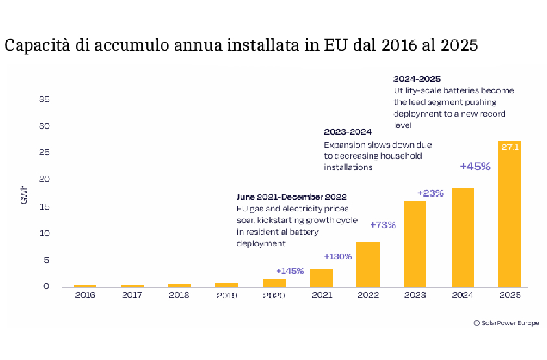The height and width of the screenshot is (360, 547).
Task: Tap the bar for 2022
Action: point(368,264)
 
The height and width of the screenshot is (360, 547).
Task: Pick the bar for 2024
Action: point(462,237)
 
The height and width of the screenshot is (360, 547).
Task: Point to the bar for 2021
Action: point(321,278)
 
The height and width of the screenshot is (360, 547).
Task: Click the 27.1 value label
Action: point(509,147)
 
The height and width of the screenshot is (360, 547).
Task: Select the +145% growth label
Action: point(290,270)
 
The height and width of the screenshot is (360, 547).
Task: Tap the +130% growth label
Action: point(337,256)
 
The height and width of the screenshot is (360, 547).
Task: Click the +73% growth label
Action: point(383,225)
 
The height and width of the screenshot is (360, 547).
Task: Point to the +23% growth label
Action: point(430,193)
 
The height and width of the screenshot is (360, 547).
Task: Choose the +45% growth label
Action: point(475,166)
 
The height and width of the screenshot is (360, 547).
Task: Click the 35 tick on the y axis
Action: point(45,99)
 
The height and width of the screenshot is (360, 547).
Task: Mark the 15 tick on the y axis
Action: point(45,206)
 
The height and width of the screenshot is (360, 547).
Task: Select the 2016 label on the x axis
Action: point(84,294)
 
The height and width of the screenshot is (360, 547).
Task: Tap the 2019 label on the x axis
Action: point(226,294)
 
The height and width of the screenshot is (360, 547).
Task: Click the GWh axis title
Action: point(24,195)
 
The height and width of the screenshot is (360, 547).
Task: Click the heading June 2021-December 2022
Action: point(291,197)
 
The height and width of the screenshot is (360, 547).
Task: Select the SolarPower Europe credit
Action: point(506,322)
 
